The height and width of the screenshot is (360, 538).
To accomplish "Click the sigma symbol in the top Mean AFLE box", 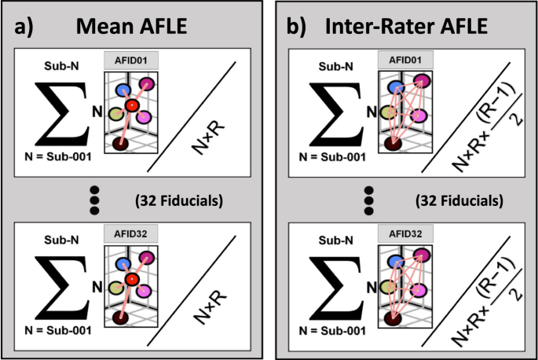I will coord(57,112).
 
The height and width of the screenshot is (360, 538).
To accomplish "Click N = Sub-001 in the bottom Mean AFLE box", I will coord(55,329).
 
